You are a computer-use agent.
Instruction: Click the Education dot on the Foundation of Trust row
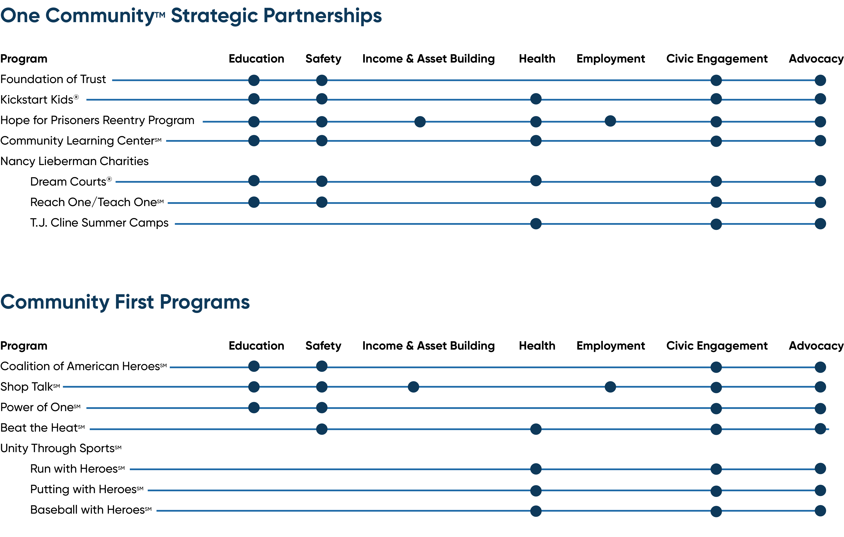(254, 80)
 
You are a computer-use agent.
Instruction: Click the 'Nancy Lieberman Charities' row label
(74, 161)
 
